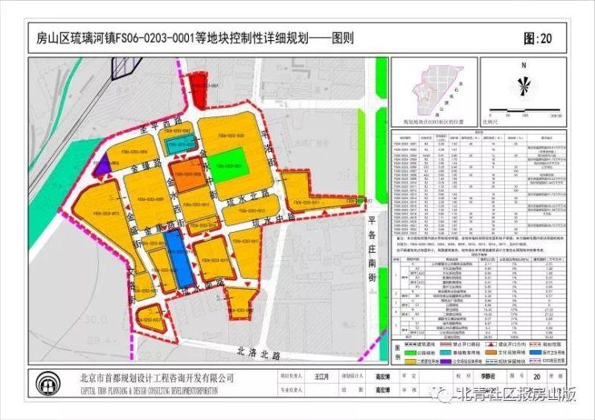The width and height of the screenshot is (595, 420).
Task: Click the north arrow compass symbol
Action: [x=523, y=85]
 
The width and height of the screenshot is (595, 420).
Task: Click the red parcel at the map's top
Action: [x=196, y=88]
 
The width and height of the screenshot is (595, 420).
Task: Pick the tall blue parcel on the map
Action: [x=178, y=256]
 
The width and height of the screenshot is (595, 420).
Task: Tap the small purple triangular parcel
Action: [x=101, y=167]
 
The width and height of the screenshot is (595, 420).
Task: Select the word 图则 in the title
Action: [x=342, y=38]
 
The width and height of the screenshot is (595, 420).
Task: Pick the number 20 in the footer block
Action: [x=536, y=375]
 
